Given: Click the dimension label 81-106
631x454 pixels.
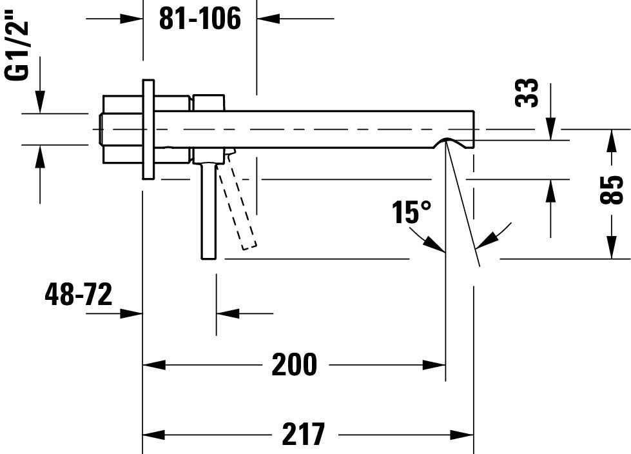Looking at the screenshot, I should [200, 19].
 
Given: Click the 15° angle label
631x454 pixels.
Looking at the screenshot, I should [412, 212].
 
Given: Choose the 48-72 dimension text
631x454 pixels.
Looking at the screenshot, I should [78, 295].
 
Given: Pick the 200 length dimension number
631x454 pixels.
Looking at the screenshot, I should [294, 365].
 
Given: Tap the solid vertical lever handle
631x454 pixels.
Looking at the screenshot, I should [208, 210].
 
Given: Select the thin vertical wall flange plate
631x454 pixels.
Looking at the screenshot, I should [148, 129].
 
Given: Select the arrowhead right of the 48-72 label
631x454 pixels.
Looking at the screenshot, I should [131, 313].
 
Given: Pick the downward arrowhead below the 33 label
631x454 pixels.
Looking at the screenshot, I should [550, 129].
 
